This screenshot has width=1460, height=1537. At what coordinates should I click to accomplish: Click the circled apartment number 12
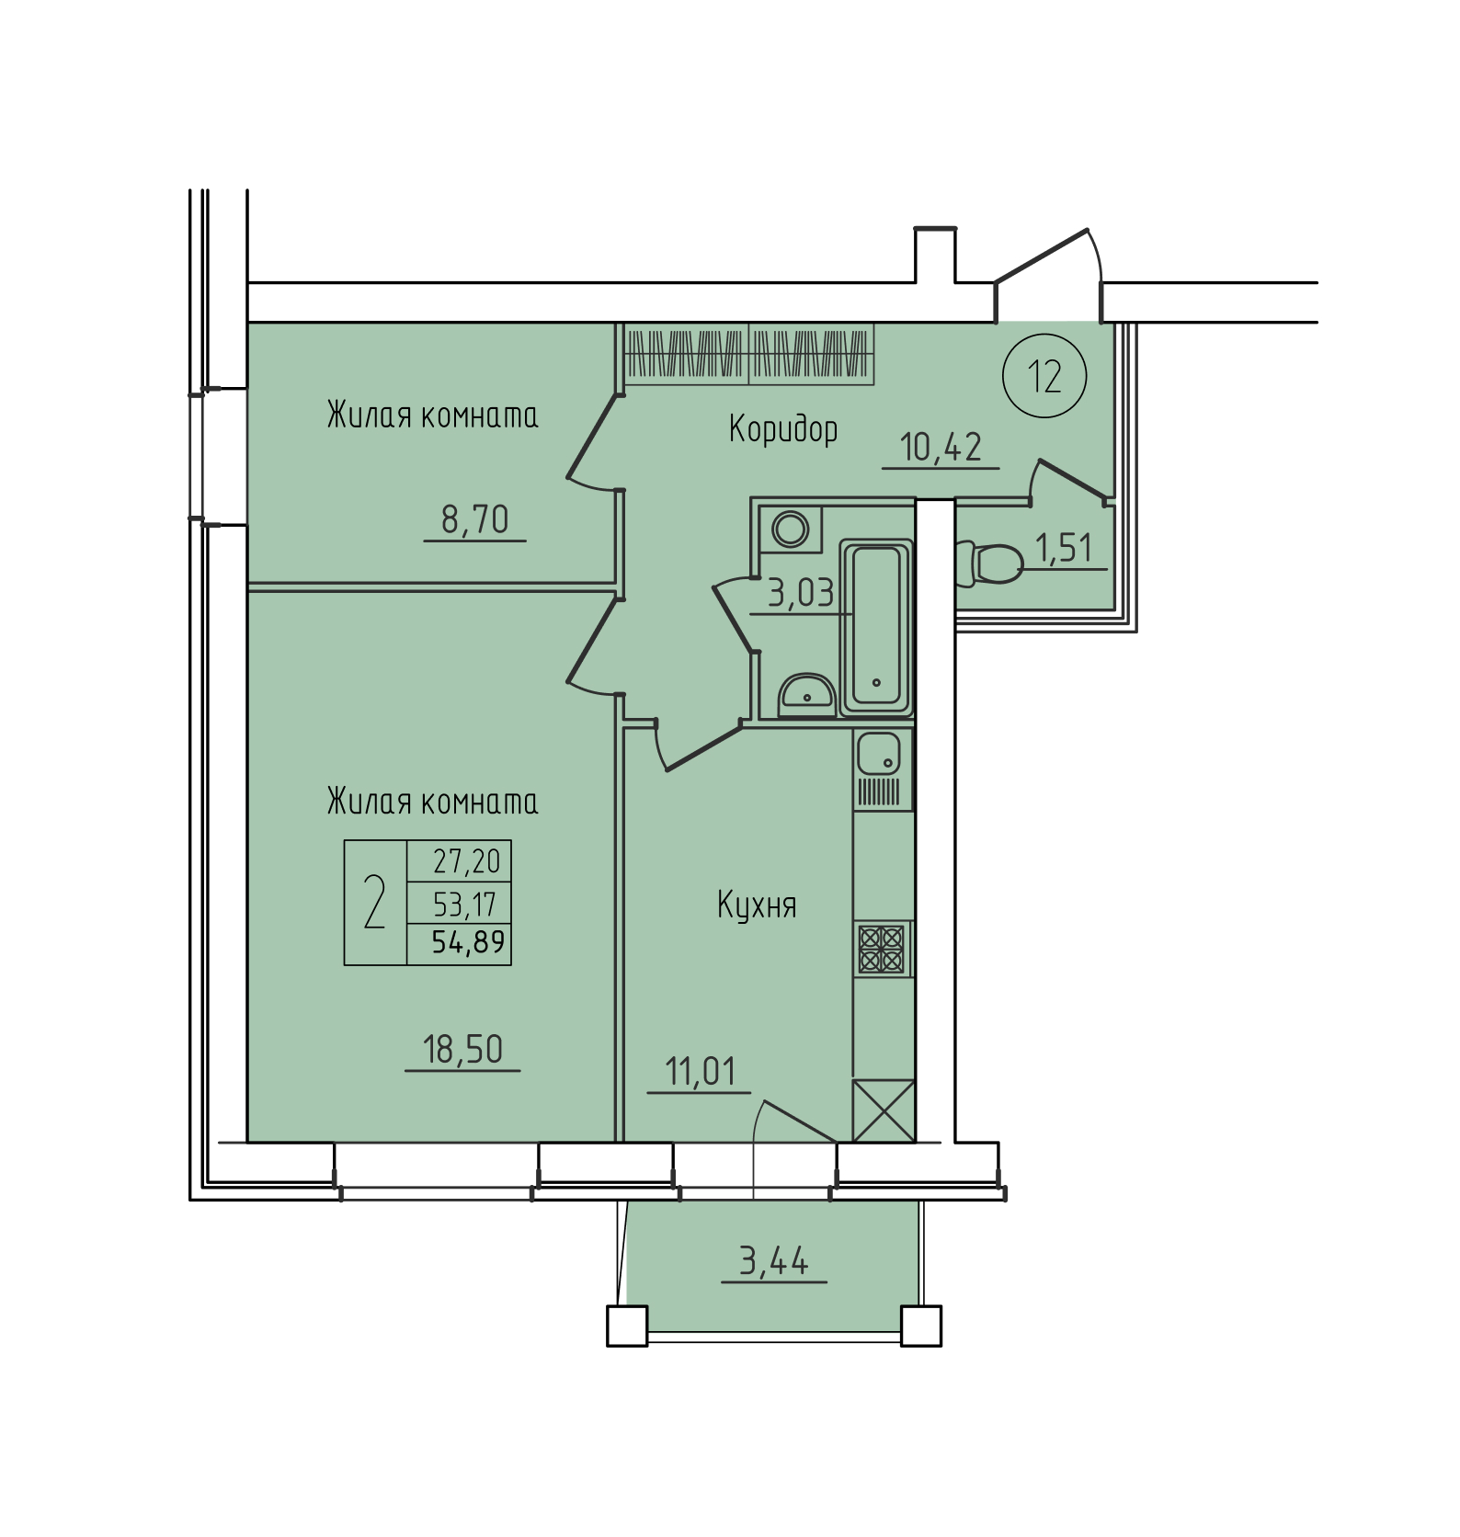pos(1044,376)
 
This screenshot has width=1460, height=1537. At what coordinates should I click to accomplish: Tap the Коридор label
pos(783,429)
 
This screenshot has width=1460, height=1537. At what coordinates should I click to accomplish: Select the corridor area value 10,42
pos(941,447)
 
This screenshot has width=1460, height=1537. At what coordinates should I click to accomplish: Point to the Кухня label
pos(757,905)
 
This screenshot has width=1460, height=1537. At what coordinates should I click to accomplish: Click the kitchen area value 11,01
pos(700,1072)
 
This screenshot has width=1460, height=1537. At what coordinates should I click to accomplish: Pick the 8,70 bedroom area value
pos(474,519)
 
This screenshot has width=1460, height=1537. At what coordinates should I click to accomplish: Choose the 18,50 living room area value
pos(462,1049)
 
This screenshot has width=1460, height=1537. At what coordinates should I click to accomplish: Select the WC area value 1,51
pos(1064,548)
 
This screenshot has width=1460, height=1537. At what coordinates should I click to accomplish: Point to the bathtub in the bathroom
pos(876,627)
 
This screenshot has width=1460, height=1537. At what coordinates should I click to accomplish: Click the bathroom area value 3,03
pos(801,594)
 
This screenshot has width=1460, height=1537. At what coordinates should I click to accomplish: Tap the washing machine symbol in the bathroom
pos(791,529)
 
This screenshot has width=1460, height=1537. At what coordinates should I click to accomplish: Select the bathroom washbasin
pos(806,694)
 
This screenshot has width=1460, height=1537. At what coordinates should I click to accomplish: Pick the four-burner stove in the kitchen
pos(882,950)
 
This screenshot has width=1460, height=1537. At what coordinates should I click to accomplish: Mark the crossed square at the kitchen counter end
pos(884,1110)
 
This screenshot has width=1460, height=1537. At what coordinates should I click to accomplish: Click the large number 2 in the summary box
pos(374,902)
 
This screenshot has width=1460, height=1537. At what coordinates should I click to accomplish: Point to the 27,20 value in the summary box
pos(467,861)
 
